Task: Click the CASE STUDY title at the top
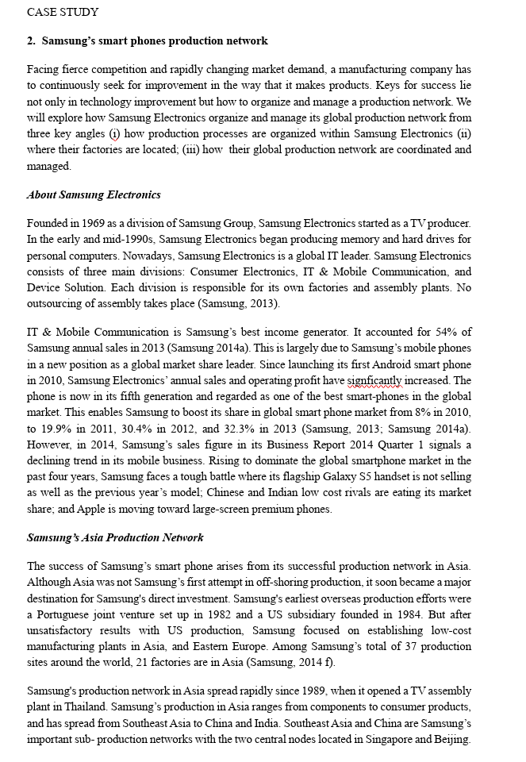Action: click(x=63, y=12)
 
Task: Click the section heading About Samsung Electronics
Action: click(x=94, y=194)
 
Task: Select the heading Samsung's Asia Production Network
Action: click(x=115, y=537)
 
